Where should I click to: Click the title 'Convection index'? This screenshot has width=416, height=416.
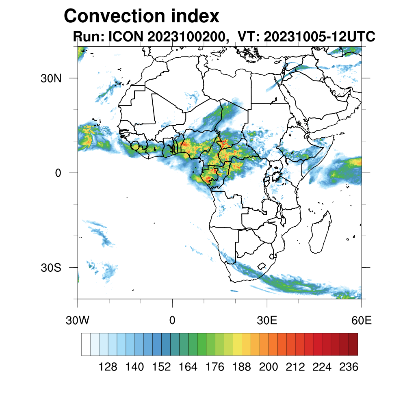pyautogui.click(x=141, y=16)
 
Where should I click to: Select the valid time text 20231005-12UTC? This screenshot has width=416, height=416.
pyautogui.click(x=319, y=37)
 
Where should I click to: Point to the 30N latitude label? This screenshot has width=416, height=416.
pyautogui.click(x=50, y=78)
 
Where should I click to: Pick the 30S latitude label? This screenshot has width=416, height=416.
pyautogui.click(x=50, y=268)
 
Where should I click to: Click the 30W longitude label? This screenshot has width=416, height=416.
pyautogui.click(x=78, y=321)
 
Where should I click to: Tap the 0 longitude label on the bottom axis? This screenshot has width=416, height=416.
pyautogui.click(x=172, y=321)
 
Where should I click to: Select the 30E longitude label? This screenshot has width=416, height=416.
pyautogui.click(x=267, y=321)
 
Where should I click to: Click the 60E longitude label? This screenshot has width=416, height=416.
pyautogui.click(x=362, y=321)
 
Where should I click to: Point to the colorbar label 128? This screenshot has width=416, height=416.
pyautogui.click(x=108, y=367)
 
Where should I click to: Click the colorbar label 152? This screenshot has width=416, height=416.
pyautogui.click(x=161, y=367)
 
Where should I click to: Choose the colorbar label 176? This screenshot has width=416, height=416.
pyautogui.click(x=215, y=367)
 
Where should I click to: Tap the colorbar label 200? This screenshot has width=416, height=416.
pyautogui.click(x=268, y=367)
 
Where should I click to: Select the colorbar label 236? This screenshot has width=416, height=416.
pyautogui.click(x=349, y=367)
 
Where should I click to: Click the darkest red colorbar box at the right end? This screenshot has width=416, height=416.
pyautogui.click(x=353, y=344)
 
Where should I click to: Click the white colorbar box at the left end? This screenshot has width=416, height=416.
pyautogui.click(x=86, y=344)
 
